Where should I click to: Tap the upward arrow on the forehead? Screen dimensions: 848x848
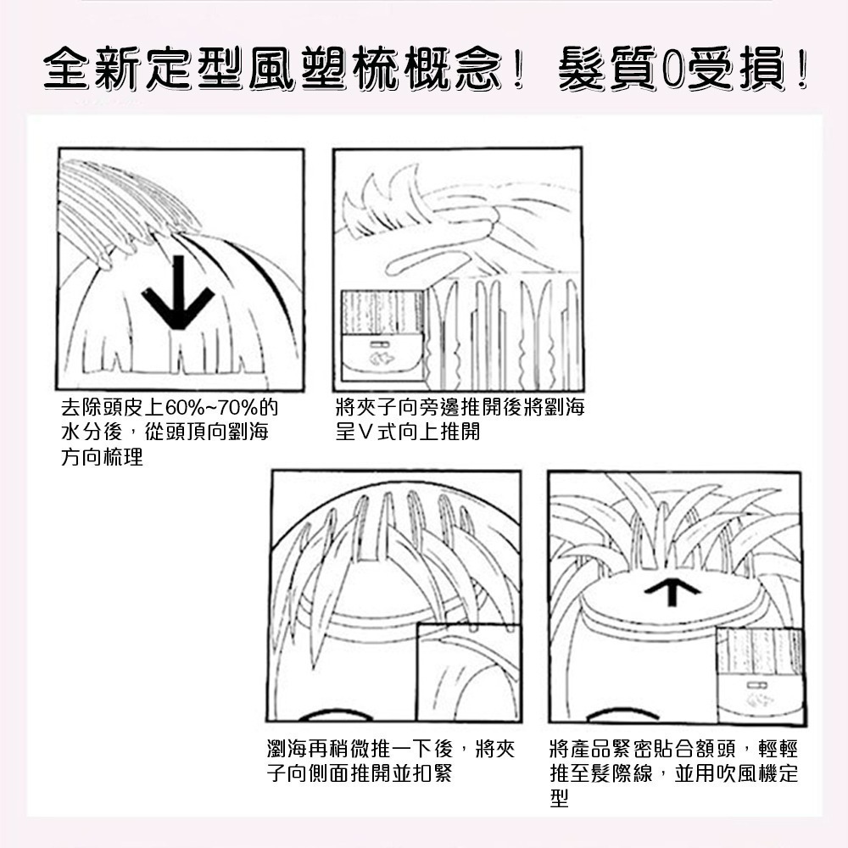point(672,591)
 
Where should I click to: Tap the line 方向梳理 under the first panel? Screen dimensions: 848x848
point(102,458)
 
